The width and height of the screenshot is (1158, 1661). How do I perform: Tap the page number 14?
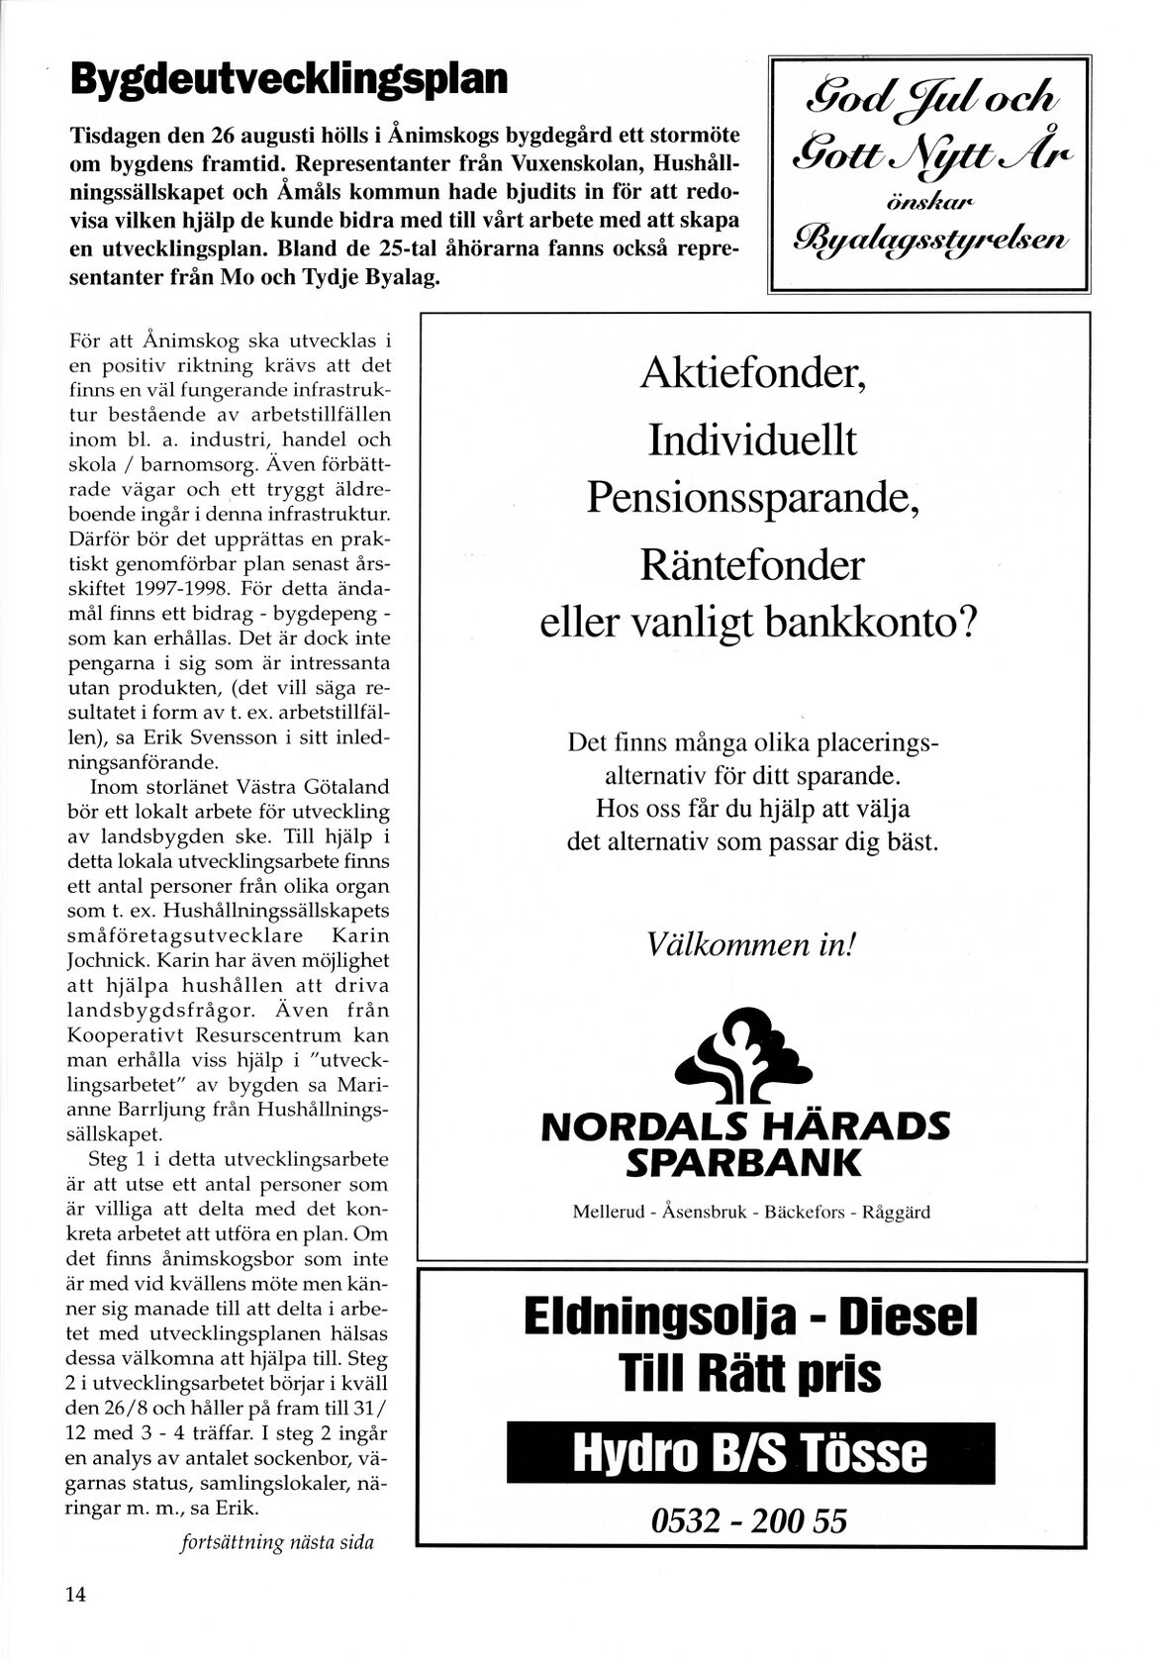pos(76,1594)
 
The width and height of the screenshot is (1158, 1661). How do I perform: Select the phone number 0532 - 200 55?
pos(748,1519)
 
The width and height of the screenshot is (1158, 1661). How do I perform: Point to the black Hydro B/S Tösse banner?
pos(748,1452)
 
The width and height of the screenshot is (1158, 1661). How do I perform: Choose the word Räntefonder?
pos(752,565)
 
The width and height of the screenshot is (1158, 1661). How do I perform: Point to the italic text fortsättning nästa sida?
pos(276,1541)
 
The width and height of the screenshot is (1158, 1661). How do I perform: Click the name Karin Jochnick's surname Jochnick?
pos(104,960)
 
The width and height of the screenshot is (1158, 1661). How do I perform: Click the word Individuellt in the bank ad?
pos(752,440)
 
